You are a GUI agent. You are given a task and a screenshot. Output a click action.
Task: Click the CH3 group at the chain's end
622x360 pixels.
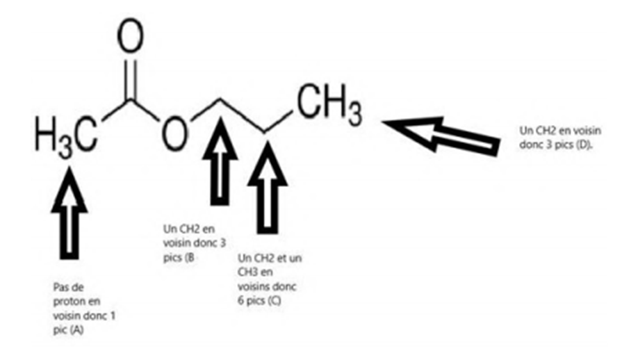pyautogui.click(x=329, y=104)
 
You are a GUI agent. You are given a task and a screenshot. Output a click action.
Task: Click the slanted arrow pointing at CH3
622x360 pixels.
pyautogui.click(x=441, y=133)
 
